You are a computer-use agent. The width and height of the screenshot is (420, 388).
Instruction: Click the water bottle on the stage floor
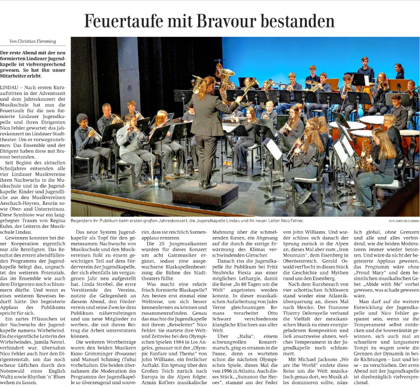156,182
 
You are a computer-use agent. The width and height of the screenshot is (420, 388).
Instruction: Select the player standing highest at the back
365,69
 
